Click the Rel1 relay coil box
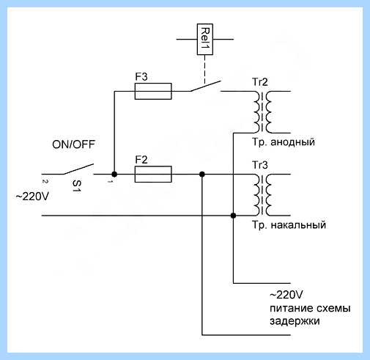[x=205, y=39]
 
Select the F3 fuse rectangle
[x=153, y=91]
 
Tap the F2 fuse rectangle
[x=153, y=175]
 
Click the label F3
[x=141, y=76]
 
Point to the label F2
[x=141, y=160]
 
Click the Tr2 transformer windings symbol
[x=262, y=112]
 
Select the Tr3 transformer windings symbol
[x=262, y=195]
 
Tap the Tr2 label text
[x=260, y=82]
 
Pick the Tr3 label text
[x=260, y=165]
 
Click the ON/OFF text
[x=73, y=144]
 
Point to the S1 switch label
[x=77, y=186]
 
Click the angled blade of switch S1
[x=78, y=169]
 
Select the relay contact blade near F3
[x=206, y=86]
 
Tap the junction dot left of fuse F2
[x=114, y=175]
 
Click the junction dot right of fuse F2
[x=202, y=175]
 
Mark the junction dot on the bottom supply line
[x=233, y=216]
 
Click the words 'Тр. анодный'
[x=284, y=142]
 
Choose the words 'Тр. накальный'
[x=289, y=225]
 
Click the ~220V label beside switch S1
[x=32, y=196]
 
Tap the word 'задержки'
[x=295, y=321]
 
